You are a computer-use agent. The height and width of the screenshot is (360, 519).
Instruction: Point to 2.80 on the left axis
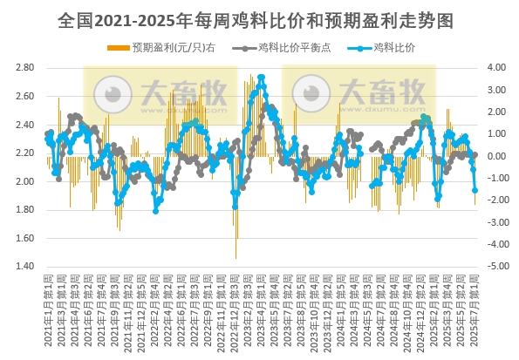25,67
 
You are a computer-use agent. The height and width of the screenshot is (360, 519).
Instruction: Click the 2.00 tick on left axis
25,181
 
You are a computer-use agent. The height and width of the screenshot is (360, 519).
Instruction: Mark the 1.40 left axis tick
25,267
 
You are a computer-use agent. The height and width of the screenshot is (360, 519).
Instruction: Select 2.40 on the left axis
25,125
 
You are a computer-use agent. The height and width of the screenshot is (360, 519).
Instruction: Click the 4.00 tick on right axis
497,67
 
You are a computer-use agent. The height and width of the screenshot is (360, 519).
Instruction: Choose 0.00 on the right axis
497,156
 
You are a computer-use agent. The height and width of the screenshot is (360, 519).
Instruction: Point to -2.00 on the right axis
496,200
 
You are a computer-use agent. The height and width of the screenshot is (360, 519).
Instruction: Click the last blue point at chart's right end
475,190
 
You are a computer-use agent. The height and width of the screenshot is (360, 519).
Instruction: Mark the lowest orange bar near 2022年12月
236,257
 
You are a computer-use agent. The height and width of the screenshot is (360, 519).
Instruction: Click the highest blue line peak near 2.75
261,78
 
